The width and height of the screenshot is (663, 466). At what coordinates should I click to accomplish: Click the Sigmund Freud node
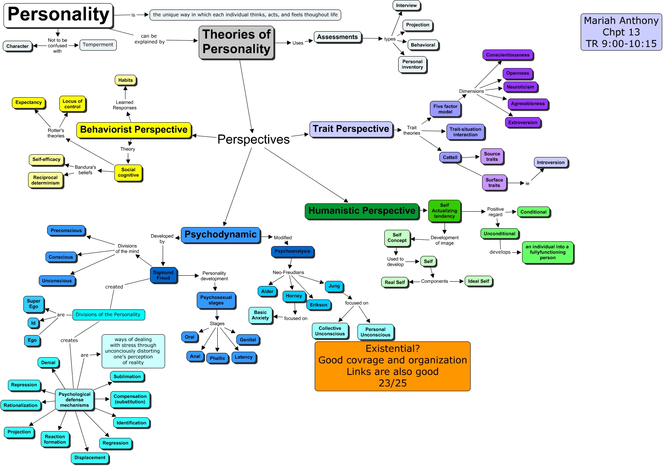click(x=163, y=275)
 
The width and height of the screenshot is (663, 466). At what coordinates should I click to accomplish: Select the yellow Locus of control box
click(x=72, y=104)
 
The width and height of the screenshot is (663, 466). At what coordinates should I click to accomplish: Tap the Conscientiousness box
click(x=507, y=55)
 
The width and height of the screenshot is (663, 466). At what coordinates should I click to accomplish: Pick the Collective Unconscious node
click(x=330, y=331)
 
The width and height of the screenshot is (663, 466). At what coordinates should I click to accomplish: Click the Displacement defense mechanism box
click(x=90, y=458)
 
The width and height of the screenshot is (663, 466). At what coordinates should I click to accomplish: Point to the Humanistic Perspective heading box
click(x=362, y=211)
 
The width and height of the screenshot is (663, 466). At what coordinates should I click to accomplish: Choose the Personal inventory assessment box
click(x=412, y=64)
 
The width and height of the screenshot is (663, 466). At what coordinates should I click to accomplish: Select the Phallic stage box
click(x=217, y=358)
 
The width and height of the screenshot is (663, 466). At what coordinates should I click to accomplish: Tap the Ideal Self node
click(x=479, y=281)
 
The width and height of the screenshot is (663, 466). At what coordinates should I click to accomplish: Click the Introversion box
click(x=551, y=163)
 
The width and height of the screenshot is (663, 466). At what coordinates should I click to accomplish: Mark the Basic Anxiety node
click(x=260, y=315)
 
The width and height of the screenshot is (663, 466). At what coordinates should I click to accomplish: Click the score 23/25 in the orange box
click(x=392, y=383)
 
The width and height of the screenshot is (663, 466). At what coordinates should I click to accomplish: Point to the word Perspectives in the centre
click(x=253, y=140)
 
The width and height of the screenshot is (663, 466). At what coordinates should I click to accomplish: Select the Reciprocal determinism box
click(x=46, y=180)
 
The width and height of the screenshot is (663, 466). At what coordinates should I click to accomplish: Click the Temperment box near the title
click(x=98, y=45)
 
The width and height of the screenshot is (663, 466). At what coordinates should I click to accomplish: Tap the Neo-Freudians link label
click(x=288, y=273)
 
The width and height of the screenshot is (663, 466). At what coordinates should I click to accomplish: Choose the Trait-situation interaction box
click(x=465, y=132)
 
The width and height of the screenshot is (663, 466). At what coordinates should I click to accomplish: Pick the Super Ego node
click(x=34, y=304)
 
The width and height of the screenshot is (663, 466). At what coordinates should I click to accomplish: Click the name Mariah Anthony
click(x=621, y=21)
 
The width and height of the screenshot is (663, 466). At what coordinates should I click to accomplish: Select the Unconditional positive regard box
click(x=499, y=234)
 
